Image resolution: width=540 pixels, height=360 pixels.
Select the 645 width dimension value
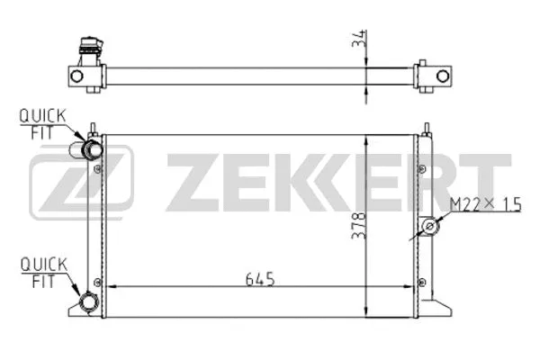pos(258,278)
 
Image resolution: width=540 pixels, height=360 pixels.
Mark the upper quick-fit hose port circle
pos(91,148)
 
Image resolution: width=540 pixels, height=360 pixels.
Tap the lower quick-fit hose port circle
pos(88,302)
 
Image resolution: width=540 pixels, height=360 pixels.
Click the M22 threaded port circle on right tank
pos(432,226)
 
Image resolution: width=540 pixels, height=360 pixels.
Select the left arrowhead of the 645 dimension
pos(110,287)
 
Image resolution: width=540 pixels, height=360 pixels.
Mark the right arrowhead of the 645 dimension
pos(412,287)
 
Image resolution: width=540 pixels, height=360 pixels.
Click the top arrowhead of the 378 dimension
pos(364,140)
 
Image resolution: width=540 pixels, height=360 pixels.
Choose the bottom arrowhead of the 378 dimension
pos(364,310)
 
